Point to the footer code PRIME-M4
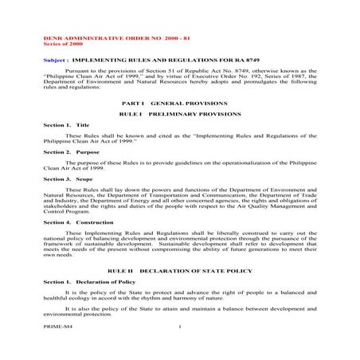pos(57,327)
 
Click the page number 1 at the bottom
pos(181,327)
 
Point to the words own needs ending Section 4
pos(57,257)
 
